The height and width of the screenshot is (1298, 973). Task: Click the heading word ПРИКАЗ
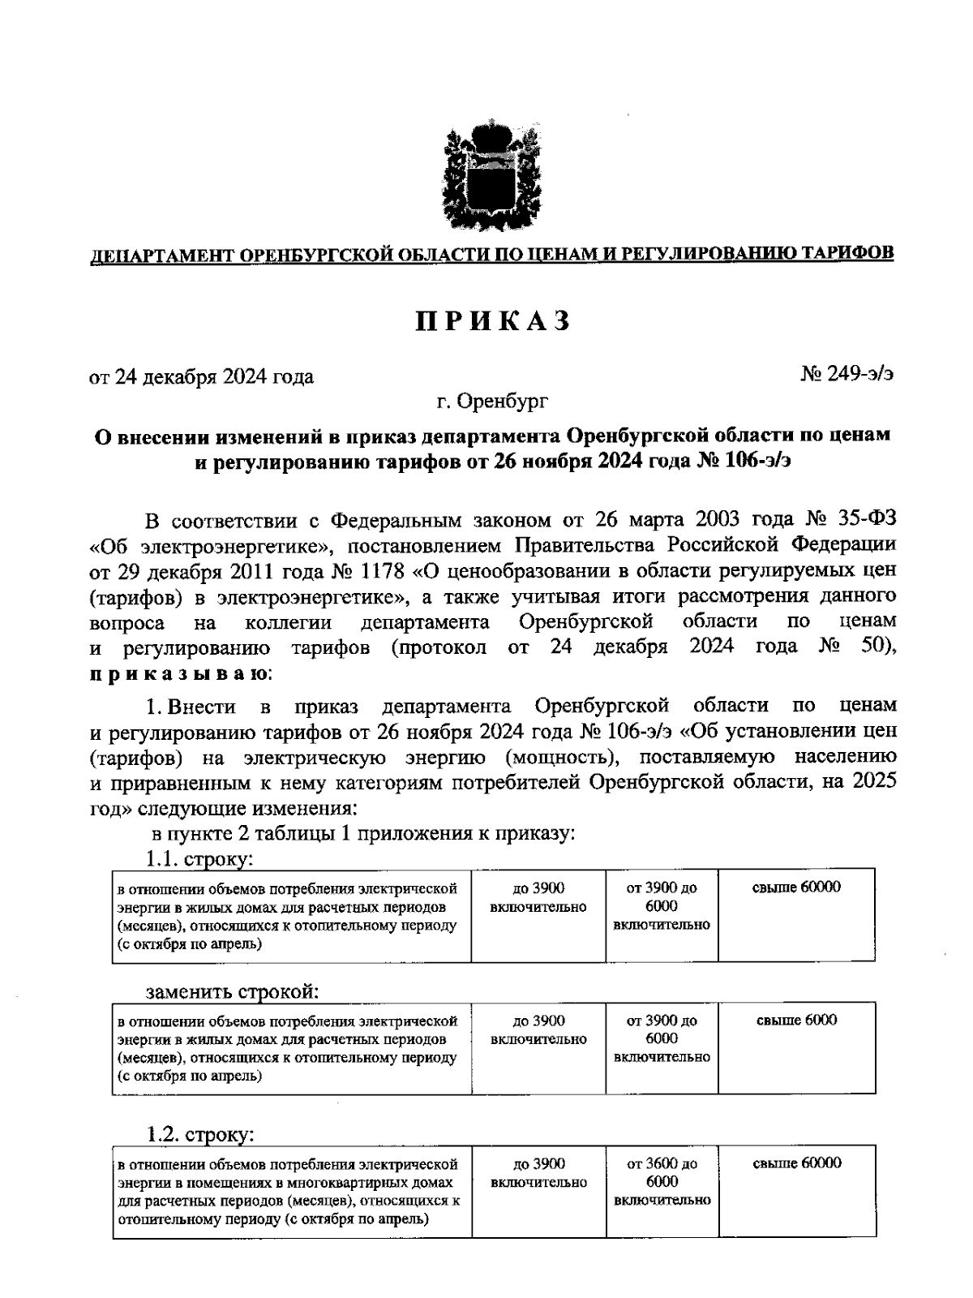click(493, 321)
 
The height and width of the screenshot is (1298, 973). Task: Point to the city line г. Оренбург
click(491, 400)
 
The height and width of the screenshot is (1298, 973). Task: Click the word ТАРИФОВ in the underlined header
click(847, 253)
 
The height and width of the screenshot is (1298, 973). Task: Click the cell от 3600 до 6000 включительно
click(662, 1181)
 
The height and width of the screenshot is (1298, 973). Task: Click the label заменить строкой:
click(231, 991)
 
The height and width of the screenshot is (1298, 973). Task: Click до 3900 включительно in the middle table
click(538, 1029)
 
